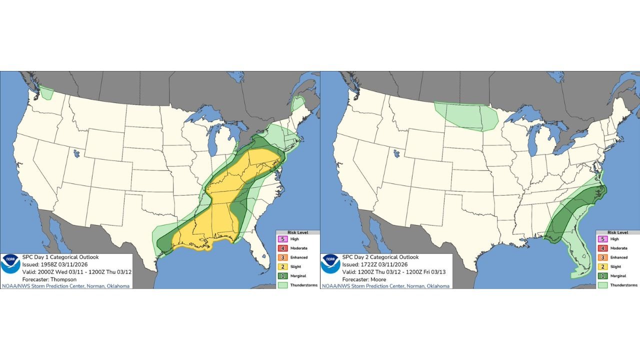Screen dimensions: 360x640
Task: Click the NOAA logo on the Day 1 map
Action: (x=10, y=263)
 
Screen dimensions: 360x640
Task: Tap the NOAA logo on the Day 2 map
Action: (x=330, y=263)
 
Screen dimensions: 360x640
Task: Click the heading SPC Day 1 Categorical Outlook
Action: (x=60, y=257)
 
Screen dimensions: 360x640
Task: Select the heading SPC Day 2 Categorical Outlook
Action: (x=380, y=257)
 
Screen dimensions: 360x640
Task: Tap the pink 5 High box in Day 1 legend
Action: (x=283, y=239)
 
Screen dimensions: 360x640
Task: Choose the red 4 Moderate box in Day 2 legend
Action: (x=603, y=248)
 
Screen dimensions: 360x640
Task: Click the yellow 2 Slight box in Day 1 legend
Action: (x=283, y=266)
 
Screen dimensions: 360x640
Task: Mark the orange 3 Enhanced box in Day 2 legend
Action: (x=603, y=257)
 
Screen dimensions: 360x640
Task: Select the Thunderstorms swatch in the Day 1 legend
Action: (x=283, y=285)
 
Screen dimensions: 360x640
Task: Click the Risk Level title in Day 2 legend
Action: (x=617, y=232)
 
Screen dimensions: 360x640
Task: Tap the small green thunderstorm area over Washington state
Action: (x=47, y=93)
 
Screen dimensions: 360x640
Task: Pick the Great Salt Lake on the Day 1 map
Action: (x=76, y=153)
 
